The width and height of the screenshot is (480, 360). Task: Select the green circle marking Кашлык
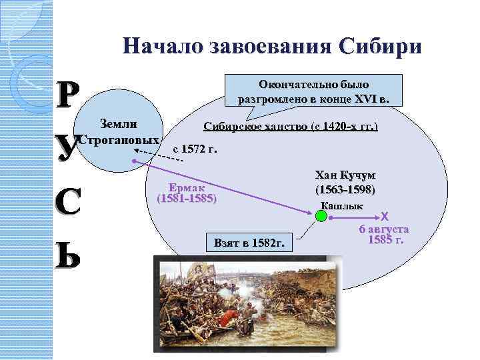coord(321,216)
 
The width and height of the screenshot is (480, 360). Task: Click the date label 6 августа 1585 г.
coord(384,234)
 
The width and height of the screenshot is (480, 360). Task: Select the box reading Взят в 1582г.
coord(249,243)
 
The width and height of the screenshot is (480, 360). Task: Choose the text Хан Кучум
coord(345,175)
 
